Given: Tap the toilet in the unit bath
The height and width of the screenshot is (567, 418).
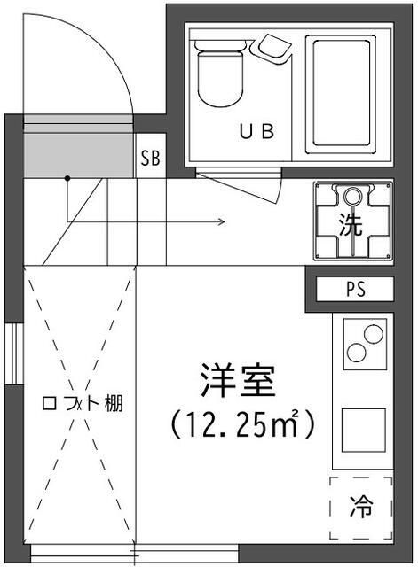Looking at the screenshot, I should tap(217, 75).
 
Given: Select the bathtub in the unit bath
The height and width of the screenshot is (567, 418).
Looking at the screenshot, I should tap(342, 91).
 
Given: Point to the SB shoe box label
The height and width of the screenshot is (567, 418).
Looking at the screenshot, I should tap(151, 159).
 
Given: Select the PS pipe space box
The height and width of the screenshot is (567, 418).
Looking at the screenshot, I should tap(355, 290).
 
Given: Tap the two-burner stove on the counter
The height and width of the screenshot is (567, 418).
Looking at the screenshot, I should tap(363, 341).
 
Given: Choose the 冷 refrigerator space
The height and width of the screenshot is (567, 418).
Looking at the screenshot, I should tap(360, 509).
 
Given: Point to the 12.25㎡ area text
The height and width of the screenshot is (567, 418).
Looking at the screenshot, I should tap(242, 426).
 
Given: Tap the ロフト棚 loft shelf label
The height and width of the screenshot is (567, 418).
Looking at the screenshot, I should tap(83, 404).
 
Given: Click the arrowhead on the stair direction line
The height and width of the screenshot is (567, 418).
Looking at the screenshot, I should tap(220, 221).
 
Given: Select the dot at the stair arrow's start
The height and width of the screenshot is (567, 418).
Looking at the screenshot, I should tap(67, 179).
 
